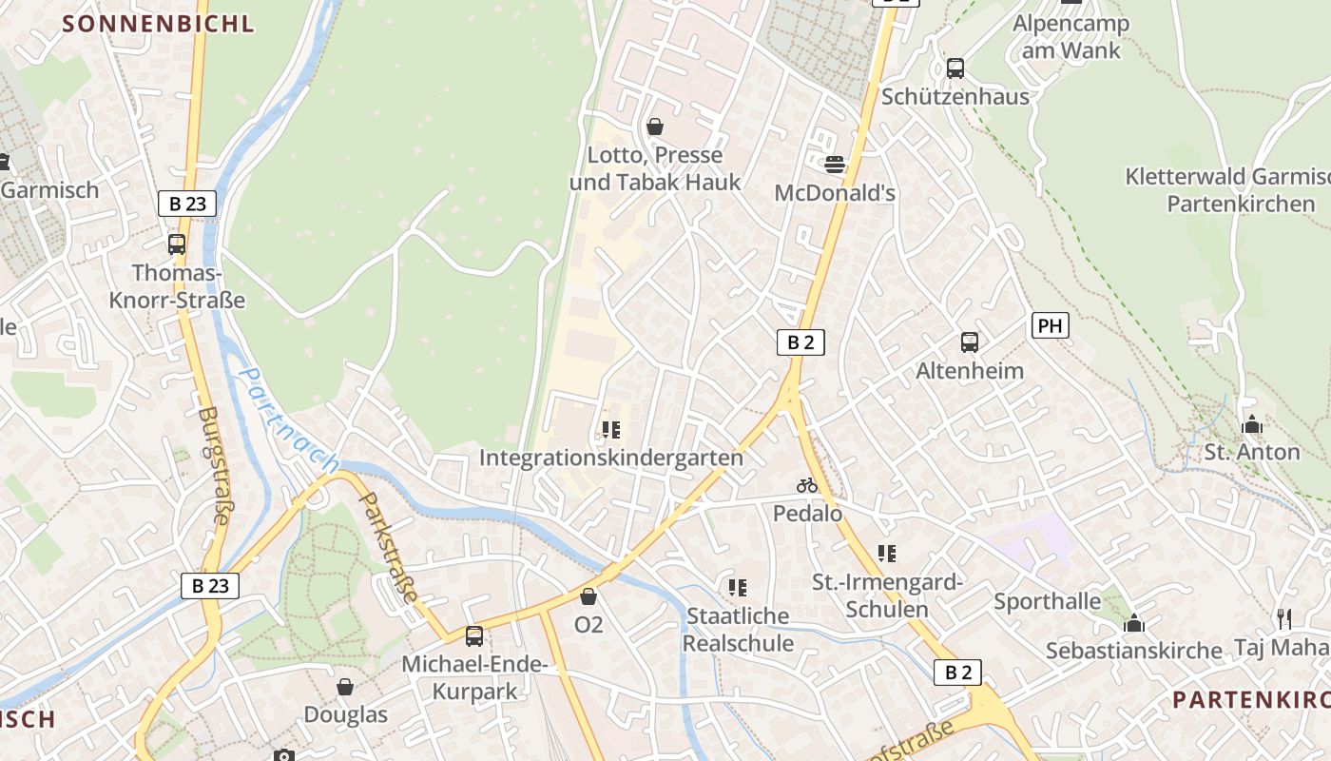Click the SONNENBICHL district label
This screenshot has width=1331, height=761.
(x=158, y=24)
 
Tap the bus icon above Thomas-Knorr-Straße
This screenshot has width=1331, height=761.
(x=177, y=244)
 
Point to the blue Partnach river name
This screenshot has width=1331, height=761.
(x=289, y=420)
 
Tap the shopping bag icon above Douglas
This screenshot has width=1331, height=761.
(x=345, y=686)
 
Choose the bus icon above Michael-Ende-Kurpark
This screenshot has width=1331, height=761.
(x=474, y=635)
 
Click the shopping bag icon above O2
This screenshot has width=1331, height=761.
(x=588, y=596)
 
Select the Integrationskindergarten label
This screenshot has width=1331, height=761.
(x=610, y=458)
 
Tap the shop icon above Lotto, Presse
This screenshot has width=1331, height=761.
(x=654, y=126)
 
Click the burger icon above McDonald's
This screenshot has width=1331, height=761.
(x=835, y=165)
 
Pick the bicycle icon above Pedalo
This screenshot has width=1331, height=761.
(x=807, y=485)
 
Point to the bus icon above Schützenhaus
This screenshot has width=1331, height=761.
(x=955, y=68)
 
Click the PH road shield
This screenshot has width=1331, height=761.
(x=1050, y=325)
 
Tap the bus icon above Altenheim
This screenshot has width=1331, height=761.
(x=970, y=342)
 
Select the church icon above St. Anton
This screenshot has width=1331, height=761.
(x=1252, y=424)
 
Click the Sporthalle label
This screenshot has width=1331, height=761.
(x=1047, y=601)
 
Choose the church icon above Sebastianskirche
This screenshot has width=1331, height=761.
(x=1133, y=623)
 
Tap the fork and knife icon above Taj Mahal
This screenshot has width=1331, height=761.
(x=1284, y=619)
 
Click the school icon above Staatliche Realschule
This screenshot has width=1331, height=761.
(x=737, y=588)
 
